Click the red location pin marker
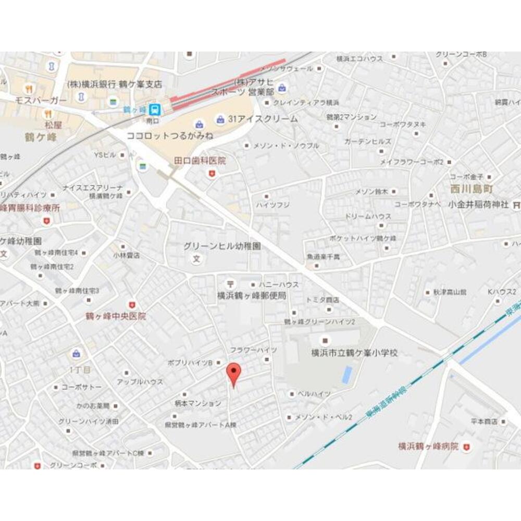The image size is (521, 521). (234, 374)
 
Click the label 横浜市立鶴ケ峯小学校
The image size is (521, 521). (354, 353)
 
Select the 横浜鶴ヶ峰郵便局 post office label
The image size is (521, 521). (252, 295)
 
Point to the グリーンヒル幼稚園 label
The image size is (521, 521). (222, 246)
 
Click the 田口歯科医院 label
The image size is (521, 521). (200, 161)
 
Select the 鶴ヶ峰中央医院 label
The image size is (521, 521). (116, 316)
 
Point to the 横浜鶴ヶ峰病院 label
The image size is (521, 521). (428, 446)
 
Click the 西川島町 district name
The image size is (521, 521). (472, 189)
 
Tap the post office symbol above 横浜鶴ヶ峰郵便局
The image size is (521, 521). (230, 284)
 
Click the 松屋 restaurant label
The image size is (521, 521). (53, 125)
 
